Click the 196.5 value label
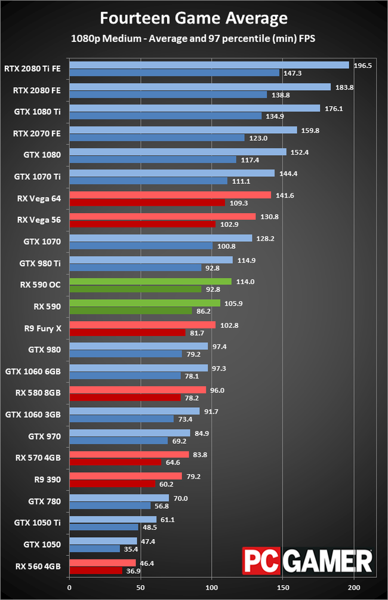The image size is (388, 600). pos(362,65)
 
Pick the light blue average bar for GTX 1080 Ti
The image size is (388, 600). pos(195,108)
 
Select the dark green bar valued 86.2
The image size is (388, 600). pos(131,310)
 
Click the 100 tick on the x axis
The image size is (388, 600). pos(212,587)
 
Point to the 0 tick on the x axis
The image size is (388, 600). pos(70,587)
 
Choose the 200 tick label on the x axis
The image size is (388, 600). pos(354,587)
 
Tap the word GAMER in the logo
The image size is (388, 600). pos(325,561)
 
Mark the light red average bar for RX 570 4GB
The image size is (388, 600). pos(129,454)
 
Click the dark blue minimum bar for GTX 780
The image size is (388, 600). pos(110,505)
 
